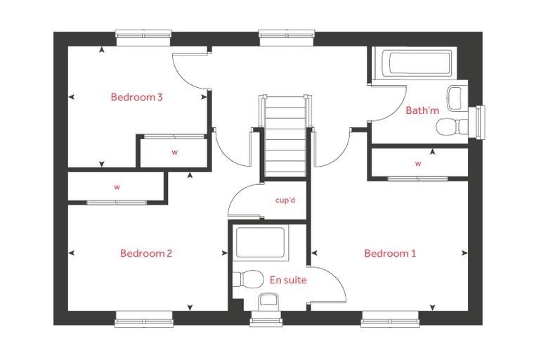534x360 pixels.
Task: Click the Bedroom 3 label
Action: pos(136,97)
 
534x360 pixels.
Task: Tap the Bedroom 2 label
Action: pos(146,253)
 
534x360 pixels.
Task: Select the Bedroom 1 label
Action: pos(390,253)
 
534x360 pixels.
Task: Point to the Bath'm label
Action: pos(422,110)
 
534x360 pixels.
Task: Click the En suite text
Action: pos(288,280)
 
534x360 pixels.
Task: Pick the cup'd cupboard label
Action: pos(285,200)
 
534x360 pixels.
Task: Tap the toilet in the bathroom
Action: pos(452,127)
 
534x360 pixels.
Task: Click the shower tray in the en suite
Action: pos(261,243)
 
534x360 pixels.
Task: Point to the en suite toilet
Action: pos(248,280)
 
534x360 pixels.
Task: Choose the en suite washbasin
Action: pos(268,302)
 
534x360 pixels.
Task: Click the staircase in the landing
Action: pos(285,136)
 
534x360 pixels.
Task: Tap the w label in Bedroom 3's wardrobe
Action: pos(175,153)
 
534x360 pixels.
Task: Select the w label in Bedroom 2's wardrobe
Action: pos(117,187)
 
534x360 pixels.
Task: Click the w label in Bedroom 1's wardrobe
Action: pos(418,164)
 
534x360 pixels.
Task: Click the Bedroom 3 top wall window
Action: pos(143,37)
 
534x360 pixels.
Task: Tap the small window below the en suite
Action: pos(266,319)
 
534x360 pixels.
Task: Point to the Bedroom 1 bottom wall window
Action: pos(390,319)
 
